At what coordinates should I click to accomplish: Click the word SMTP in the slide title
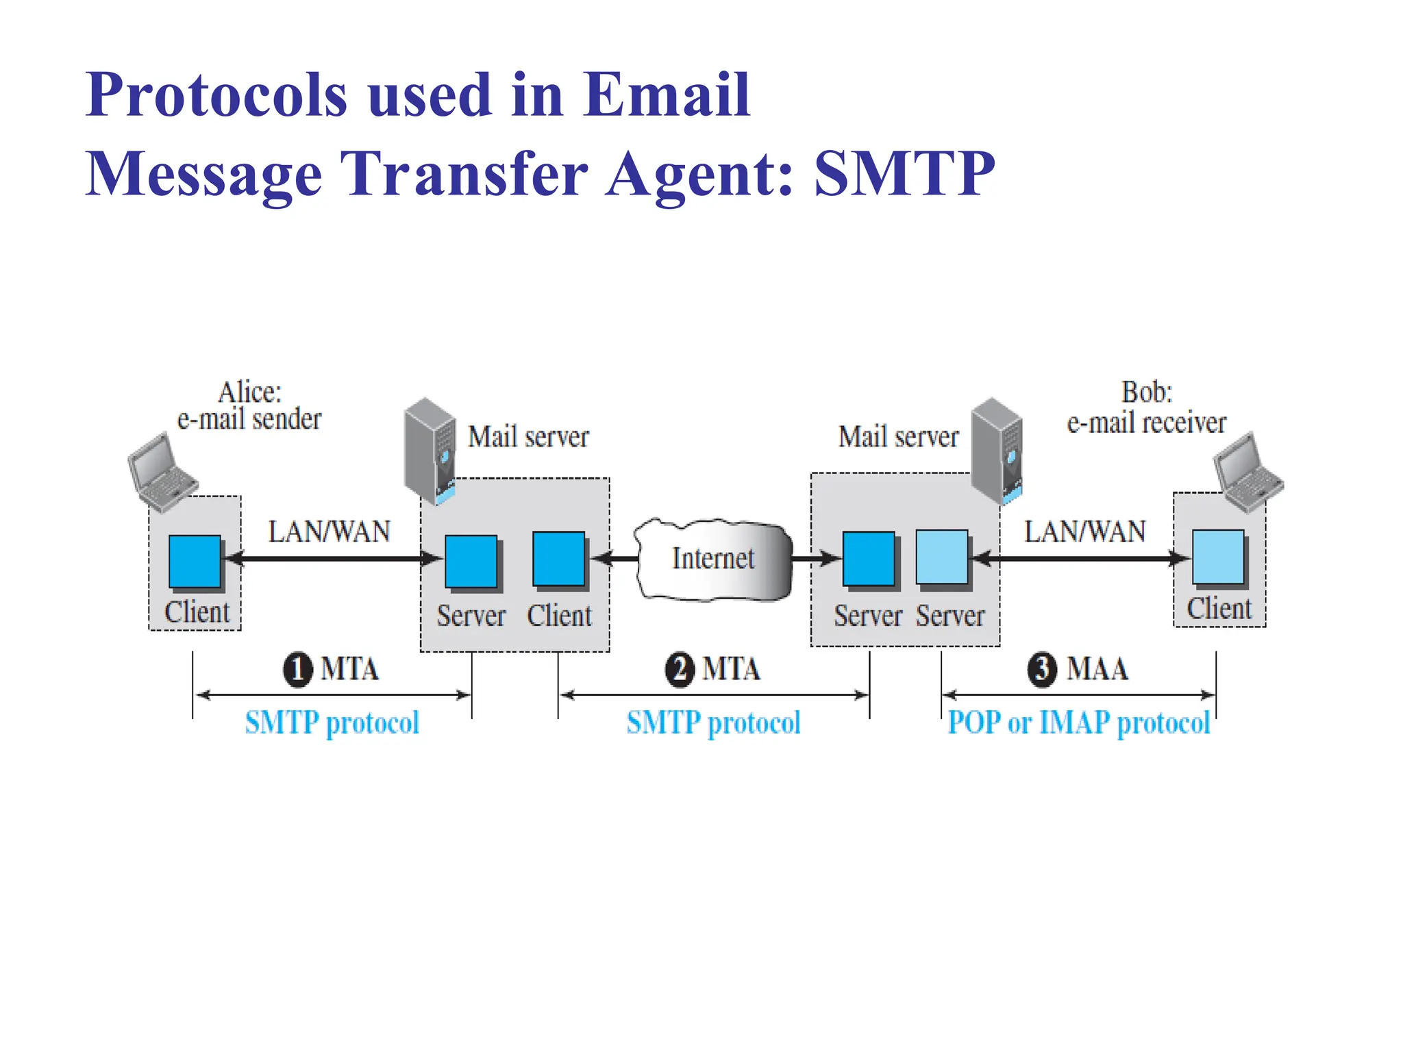pos(904,174)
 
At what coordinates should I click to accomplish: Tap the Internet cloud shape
pos(713,559)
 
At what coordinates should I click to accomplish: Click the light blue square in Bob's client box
pos(1218,557)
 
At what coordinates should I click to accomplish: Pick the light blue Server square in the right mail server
pos(942,558)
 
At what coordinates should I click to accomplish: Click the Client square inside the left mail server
pos(559,559)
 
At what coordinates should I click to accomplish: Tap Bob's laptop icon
pos(1247,471)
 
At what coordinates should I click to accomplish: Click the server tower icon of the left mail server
pos(430,449)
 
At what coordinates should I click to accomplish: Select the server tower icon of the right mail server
pos(997,449)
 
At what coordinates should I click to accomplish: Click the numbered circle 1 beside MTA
pos(297,669)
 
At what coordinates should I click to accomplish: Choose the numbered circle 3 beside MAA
pos(1042,669)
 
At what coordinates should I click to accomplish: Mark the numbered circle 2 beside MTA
pos(680,669)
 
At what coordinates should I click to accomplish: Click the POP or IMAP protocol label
pos(1079,723)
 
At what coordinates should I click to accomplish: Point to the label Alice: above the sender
pos(249,392)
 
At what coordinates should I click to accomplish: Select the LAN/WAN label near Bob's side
pos(1084,531)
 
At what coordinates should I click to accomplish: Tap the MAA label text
pos(1097,669)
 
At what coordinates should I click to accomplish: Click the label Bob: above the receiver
pos(1147,392)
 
